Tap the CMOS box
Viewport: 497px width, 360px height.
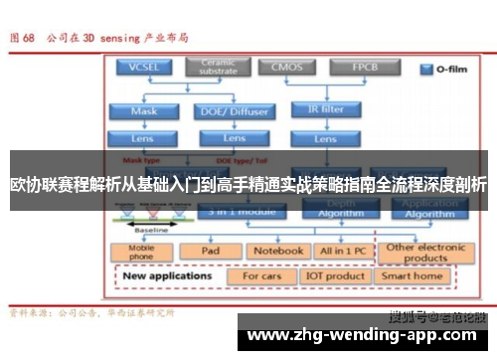(x=284, y=68)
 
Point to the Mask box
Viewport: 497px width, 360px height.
(x=143, y=111)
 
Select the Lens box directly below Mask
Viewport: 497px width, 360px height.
(x=143, y=137)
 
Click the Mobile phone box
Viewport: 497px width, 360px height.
(x=141, y=254)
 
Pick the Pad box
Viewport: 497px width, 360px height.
(x=210, y=252)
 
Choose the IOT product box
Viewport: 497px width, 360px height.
(x=335, y=276)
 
